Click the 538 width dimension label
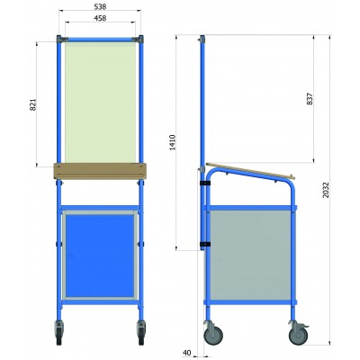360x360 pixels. pos(100,6)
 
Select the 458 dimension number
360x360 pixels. pos(100,18)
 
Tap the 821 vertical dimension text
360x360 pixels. pos(33,104)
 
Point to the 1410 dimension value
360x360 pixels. pos(173,142)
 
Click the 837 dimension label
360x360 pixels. pos(310,99)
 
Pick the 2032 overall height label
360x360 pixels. pos(326,190)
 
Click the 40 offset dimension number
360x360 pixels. pos(186,353)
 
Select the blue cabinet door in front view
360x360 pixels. pos(100,256)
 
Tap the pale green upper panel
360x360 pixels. pos(100,102)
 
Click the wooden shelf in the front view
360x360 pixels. pos(100,171)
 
